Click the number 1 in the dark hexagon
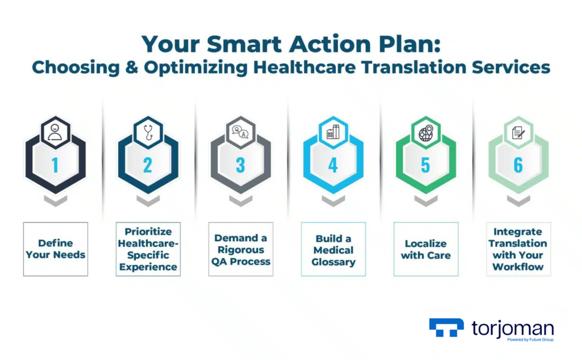pyautogui.click(x=55, y=165)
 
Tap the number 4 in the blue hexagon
pyautogui.click(x=333, y=165)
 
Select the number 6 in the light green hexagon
pyautogui.click(x=518, y=165)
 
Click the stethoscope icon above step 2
pyautogui.click(x=148, y=133)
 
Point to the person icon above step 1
pyautogui.click(x=55, y=133)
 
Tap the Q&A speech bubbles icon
pyautogui.click(x=240, y=132)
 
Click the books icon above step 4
pyautogui.click(x=333, y=132)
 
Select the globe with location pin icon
pyautogui.click(x=426, y=133)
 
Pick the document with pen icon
pyautogui.click(x=518, y=133)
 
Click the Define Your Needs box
pyautogui.click(x=56, y=249)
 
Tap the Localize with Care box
pyautogui.click(x=426, y=249)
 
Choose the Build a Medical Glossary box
pyautogui.click(x=333, y=249)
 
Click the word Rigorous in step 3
pyautogui.click(x=241, y=250)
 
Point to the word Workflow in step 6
pyautogui.click(x=518, y=267)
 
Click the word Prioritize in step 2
pyautogui.click(x=148, y=231)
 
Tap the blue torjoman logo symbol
pyautogui.click(x=446, y=328)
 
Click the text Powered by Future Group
pyautogui.click(x=530, y=340)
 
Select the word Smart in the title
pyautogui.click(x=244, y=44)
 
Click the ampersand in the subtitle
pyautogui.click(x=131, y=67)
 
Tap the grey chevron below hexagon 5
pyautogui.click(x=426, y=201)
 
